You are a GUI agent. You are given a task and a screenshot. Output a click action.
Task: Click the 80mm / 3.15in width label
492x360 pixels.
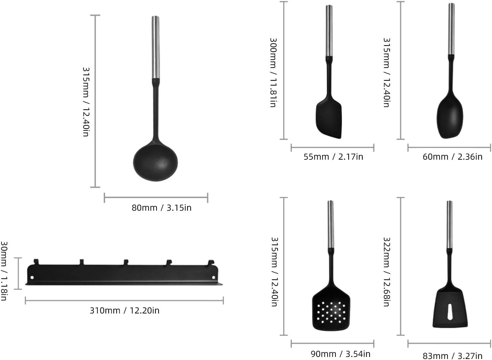point(161,208)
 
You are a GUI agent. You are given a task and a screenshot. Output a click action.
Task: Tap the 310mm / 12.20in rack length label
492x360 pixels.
point(124,311)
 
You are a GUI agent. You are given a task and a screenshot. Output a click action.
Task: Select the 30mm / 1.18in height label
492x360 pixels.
point(4,271)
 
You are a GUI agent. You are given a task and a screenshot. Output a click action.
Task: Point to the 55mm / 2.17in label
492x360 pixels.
point(333,157)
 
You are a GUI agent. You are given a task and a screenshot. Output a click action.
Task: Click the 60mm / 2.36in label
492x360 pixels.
point(452,157)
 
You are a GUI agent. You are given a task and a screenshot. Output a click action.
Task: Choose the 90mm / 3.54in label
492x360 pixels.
point(340,354)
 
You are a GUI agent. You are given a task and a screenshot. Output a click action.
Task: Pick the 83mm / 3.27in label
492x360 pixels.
point(452,356)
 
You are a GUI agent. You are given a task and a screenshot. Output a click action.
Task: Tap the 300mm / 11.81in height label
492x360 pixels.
point(273,72)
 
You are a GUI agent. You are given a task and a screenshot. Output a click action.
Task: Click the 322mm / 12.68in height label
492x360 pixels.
point(386,271)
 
